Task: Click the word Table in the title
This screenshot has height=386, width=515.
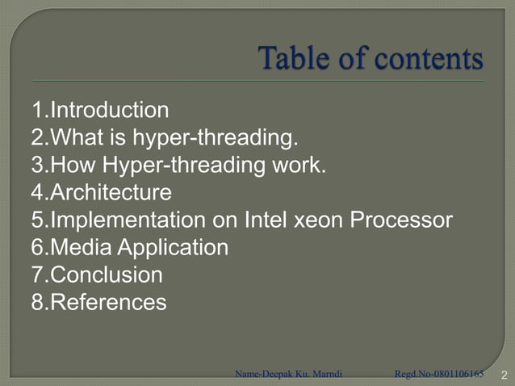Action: (x=291, y=59)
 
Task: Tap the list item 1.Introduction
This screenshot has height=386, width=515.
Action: (x=100, y=110)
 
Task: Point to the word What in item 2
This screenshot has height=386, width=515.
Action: (x=73, y=138)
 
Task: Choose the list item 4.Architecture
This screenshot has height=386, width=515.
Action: (x=102, y=193)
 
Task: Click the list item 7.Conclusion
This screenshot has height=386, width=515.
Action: (x=97, y=275)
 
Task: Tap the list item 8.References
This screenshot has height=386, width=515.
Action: (x=99, y=303)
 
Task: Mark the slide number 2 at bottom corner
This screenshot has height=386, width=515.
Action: (x=504, y=375)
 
